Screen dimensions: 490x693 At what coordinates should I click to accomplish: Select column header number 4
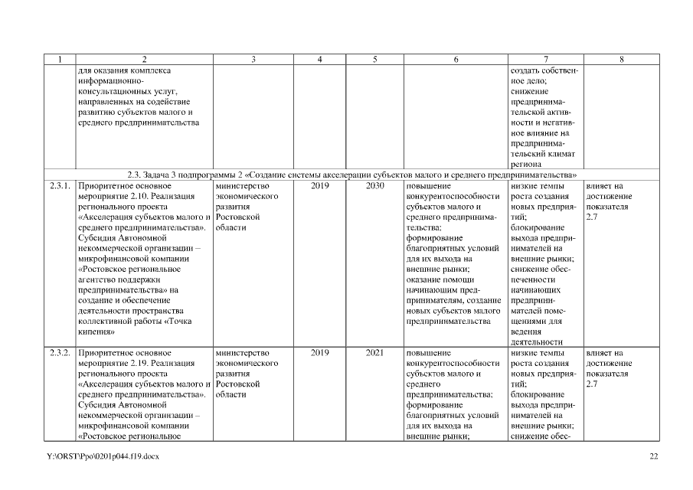pos(319,60)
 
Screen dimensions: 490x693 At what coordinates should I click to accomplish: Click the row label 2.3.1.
pos(60,185)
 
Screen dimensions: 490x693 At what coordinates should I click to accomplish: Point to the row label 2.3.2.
pos(60,353)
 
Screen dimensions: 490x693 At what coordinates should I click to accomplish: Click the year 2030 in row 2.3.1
pos(375,185)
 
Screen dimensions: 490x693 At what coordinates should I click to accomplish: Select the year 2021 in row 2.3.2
pos(375,353)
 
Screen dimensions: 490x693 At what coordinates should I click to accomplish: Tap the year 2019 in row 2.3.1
pos(320,185)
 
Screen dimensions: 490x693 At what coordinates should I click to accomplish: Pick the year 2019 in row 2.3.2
pos(320,353)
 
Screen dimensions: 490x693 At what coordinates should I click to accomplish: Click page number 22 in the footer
pos(653,457)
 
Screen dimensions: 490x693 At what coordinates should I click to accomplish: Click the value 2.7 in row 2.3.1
pos(591,217)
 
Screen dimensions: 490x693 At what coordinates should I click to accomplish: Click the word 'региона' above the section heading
pos(527,164)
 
